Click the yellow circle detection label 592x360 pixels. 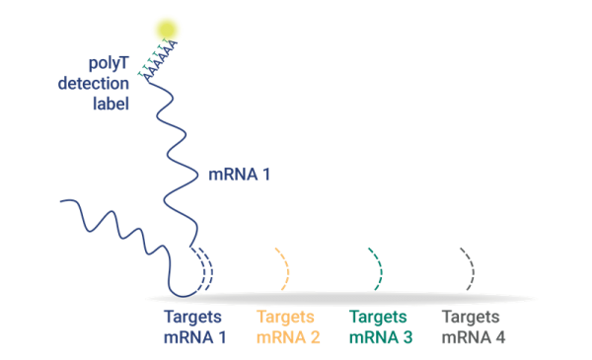167,30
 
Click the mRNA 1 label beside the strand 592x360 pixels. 239,175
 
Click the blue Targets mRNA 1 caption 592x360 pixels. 194,327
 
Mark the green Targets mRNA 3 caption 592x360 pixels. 380,327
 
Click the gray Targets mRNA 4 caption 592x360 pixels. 473,327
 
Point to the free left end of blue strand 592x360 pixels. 62,202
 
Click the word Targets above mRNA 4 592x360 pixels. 471,318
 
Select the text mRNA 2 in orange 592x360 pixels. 288,337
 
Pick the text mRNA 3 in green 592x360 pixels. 380,337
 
